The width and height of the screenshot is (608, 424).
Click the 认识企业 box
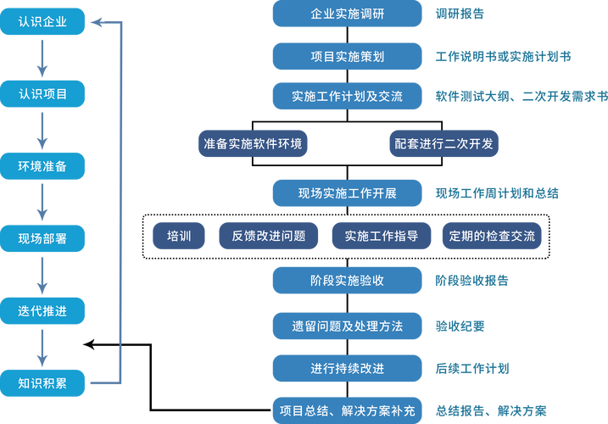pyautogui.click(x=42, y=21)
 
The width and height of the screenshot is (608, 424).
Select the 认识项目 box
pyautogui.click(x=42, y=93)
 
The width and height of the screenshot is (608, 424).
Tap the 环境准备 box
pyautogui.click(x=42, y=166)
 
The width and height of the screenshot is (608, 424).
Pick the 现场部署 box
pyautogui.click(x=42, y=239)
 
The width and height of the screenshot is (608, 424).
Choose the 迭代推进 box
pyautogui.click(x=42, y=311)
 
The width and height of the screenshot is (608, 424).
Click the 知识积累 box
pyautogui.click(x=42, y=382)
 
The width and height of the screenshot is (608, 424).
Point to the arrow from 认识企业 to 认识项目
pyautogui.click(x=42, y=58)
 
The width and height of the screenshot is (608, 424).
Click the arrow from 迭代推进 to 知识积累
pyautogui.click(x=42, y=348)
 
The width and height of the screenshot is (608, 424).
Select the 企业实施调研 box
pyautogui.click(x=347, y=14)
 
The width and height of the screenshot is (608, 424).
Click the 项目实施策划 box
pyautogui.click(x=347, y=56)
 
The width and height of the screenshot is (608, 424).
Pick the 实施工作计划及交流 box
pyautogui.click(x=347, y=96)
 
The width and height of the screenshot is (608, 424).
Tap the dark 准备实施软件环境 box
pyautogui.click(x=253, y=143)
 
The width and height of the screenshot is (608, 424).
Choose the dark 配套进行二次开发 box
pyautogui.click(x=443, y=143)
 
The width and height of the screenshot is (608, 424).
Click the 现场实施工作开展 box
pyautogui.click(x=347, y=192)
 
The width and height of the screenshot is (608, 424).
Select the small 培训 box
pyautogui.click(x=179, y=236)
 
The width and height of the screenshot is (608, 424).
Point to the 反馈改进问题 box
pyautogui.click(x=269, y=236)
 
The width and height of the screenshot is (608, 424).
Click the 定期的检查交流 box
pyautogui.click(x=492, y=236)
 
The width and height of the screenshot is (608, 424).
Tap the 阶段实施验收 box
pyautogui.click(x=347, y=280)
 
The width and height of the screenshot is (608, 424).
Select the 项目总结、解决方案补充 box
pyautogui.click(x=347, y=410)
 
